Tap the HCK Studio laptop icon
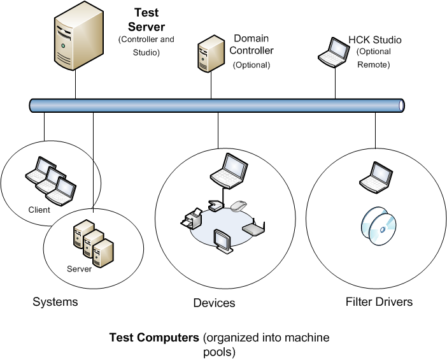[x=334, y=52]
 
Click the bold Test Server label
[x=146, y=21]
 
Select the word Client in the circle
[x=39, y=210]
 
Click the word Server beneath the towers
[x=79, y=268]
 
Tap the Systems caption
[x=55, y=301]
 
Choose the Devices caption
[x=214, y=303]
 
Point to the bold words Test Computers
[x=154, y=337]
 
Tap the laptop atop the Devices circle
[x=227, y=170]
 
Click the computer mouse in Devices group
[x=238, y=206]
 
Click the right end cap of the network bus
[x=401, y=105]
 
